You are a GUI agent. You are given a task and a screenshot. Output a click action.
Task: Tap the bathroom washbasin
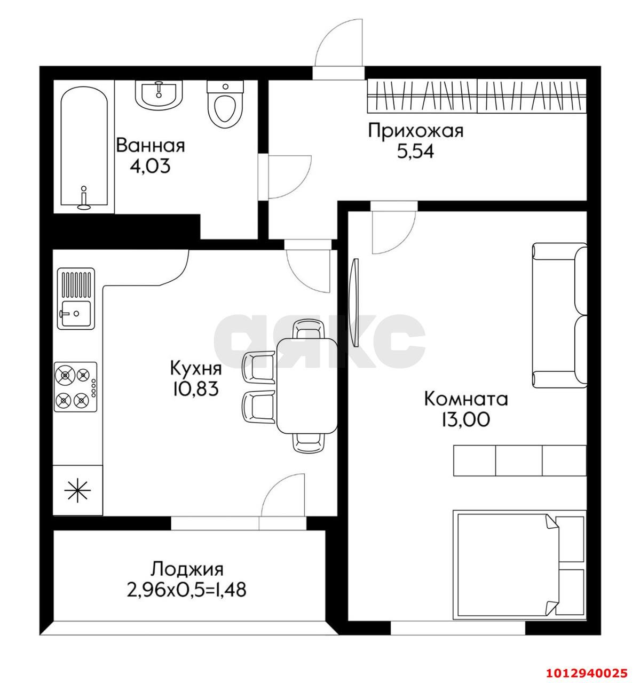click(x=159, y=94)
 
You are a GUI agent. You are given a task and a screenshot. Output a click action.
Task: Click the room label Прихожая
click(x=416, y=131)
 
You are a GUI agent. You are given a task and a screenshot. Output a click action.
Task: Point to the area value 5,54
click(x=415, y=152)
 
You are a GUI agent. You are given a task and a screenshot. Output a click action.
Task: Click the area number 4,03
click(x=150, y=166)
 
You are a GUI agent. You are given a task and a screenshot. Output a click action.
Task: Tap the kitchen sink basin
click(x=76, y=314)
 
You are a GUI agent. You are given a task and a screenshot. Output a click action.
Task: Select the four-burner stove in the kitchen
click(x=76, y=387)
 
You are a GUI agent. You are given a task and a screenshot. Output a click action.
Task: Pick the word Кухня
click(x=196, y=369)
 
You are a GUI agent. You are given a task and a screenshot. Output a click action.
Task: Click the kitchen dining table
click(x=307, y=386)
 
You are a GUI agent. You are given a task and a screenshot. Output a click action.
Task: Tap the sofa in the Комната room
click(x=559, y=316)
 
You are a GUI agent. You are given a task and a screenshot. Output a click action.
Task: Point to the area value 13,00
click(x=465, y=419)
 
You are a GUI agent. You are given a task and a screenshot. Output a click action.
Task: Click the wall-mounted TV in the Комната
click(x=354, y=303)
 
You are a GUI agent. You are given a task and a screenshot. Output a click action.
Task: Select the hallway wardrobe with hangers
click(x=477, y=96)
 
